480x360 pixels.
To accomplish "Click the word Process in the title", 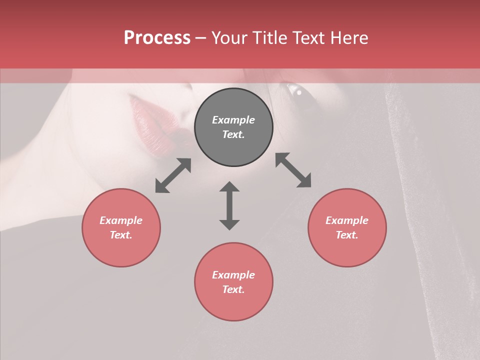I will pyautogui.click(x=157, y=38).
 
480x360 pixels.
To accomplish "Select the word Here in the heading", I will pyautogui.click(x=348, y=38).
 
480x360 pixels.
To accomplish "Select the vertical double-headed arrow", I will pyautogui.click(x=229, y=205).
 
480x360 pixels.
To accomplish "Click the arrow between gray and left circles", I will pyautogui.click(x=173, y=175).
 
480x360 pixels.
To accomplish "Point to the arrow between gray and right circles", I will pyautogui.click(x=293, y=170).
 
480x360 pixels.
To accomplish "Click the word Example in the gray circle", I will pyautogui.click(x=233, y=120).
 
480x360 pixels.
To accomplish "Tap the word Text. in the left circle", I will pyautogui.click(x=121, y=235).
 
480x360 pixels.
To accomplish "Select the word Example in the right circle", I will pyautogui.click(x=347, y=220).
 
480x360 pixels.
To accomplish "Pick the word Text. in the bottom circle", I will pyautogui.click(x=233, y=289).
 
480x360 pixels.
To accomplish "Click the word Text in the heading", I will pyautogui.click(x=309, y=38).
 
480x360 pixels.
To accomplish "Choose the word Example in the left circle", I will pyautogui.click(x=121, y=220).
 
